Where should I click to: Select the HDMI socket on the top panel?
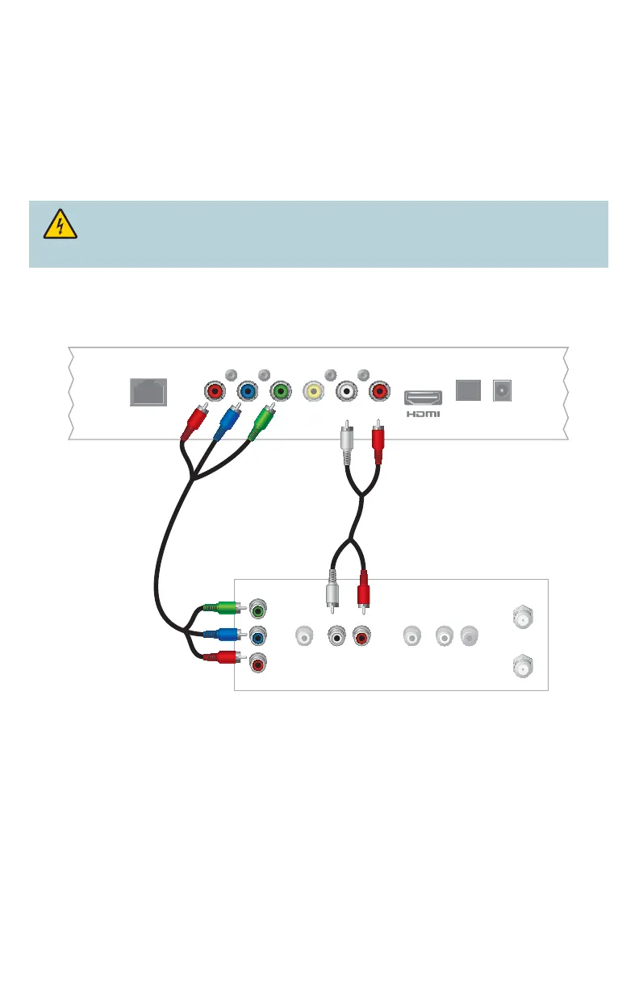tap(423, 398)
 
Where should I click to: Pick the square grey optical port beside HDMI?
tap(468, 390)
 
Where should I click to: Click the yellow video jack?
tap(311, 393)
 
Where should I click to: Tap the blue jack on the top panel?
tap(248, 393)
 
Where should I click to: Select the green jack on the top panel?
tap(280, 393)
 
